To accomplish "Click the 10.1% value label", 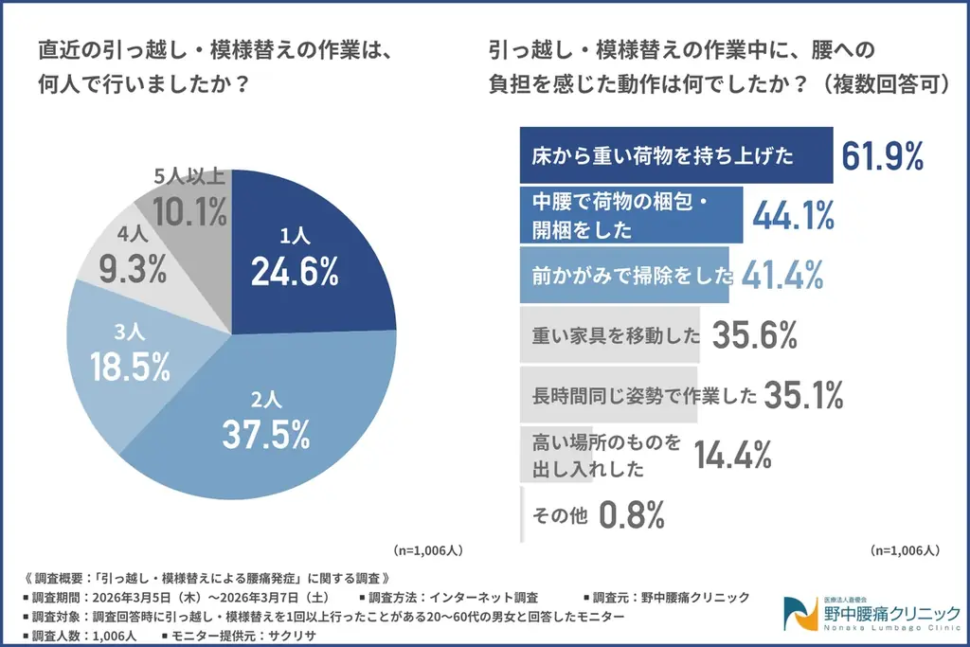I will coord(189,210).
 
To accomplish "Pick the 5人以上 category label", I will coord(189,176).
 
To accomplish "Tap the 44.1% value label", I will coord(793,217).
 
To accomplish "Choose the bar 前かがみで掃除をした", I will coord(625,276).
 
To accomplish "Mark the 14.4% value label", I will coord(733,456).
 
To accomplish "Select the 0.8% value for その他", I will coord(633,515).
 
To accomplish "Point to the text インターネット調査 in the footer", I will coord(484,598).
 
